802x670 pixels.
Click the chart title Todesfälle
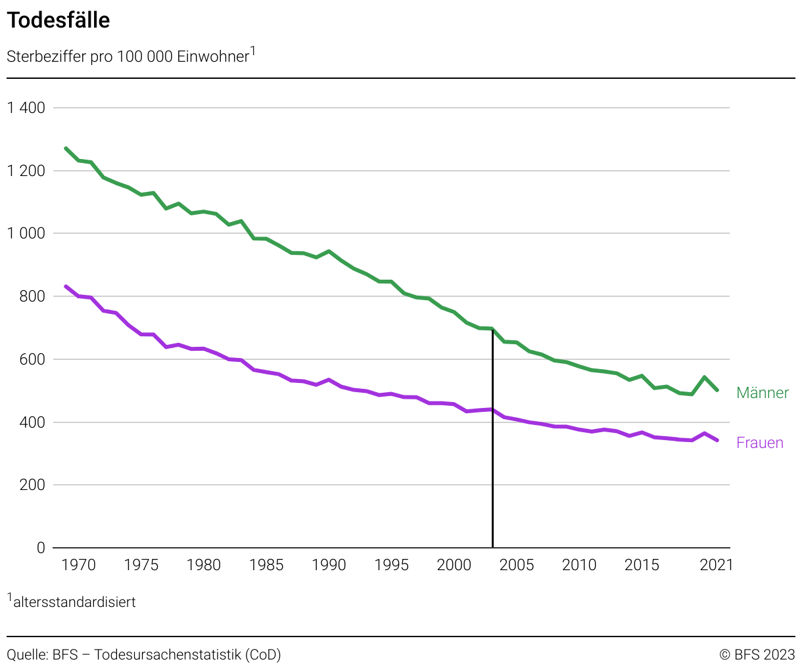click(59, 20)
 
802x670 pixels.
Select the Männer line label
click(762, 393)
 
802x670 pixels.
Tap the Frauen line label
click(759, 443)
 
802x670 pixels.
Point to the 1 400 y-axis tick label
click(26, 108)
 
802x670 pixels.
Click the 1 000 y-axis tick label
click(26, 234)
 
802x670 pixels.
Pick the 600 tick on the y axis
click(32, 359)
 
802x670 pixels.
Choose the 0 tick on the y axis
click(41, 548)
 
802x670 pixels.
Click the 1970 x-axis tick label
click(78, 565)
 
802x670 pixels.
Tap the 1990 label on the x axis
click(329, 565)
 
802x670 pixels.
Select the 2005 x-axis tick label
click(517, 565)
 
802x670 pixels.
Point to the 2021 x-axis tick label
click(716, 565)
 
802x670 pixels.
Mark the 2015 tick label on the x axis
click(642, 565)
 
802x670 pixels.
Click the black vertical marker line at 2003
click(492, 460)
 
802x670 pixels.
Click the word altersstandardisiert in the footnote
click(74, 602)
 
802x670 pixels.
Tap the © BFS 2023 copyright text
click(757, 654)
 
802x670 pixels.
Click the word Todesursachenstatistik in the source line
click(168, 654)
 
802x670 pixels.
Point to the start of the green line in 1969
click(66, 148)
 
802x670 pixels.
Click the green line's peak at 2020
click(704, 377)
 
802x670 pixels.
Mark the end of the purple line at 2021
click(717, 440)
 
